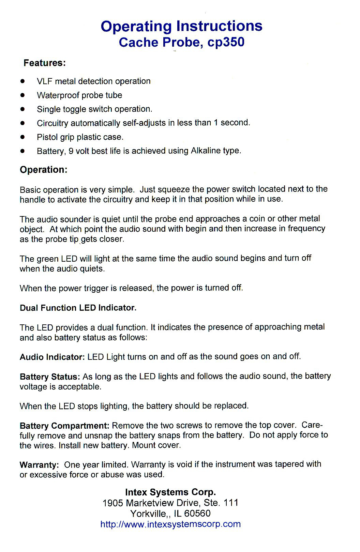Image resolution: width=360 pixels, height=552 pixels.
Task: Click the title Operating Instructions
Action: point(181,26)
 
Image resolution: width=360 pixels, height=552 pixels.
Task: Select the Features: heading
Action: point(44,63)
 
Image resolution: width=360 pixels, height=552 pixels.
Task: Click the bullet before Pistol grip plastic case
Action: point(22,137)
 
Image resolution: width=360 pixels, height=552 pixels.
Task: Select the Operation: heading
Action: point(44,170)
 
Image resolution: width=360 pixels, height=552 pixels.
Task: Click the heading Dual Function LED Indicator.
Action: point(78,308)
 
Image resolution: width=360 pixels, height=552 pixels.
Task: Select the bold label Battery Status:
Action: point(50,377)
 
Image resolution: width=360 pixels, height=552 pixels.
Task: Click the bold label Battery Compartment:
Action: point(64,426)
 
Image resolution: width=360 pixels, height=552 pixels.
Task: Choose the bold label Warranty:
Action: point(39,465)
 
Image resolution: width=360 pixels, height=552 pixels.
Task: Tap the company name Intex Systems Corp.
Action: point(170,492)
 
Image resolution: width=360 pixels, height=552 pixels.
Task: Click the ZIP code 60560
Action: point(197,513)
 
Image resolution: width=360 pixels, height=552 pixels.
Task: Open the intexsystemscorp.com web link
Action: point(170,524)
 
